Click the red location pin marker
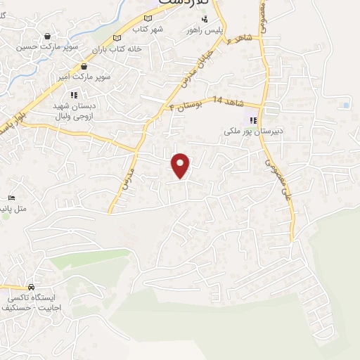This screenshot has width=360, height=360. (181, 165)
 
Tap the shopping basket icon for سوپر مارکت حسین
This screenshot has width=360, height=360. (47, 37)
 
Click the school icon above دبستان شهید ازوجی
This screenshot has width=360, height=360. (72, 95)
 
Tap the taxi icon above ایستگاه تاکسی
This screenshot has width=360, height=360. (31, 287)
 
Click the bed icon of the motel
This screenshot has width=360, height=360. (11, 198)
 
